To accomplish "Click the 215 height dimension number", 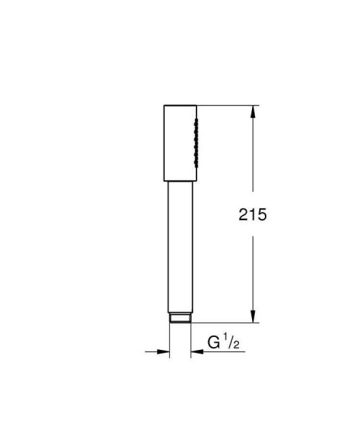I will coord(253,214).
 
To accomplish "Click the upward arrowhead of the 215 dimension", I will coord(253,112).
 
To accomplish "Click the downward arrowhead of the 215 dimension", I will coord(253,317).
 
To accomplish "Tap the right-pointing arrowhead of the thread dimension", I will coord(163,351).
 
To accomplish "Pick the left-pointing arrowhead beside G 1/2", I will coord(197,351).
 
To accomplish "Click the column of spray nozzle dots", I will coord(194,143).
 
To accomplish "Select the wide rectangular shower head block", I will coord(177,143).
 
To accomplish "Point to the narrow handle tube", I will coord(180,245).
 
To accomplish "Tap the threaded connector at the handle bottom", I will coord(180,318).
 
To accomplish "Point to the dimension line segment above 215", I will coord(253,158).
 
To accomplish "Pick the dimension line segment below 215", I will coord(253,274).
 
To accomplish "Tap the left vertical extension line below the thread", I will coord(170,342).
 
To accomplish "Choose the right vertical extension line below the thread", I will coord(191,342).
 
